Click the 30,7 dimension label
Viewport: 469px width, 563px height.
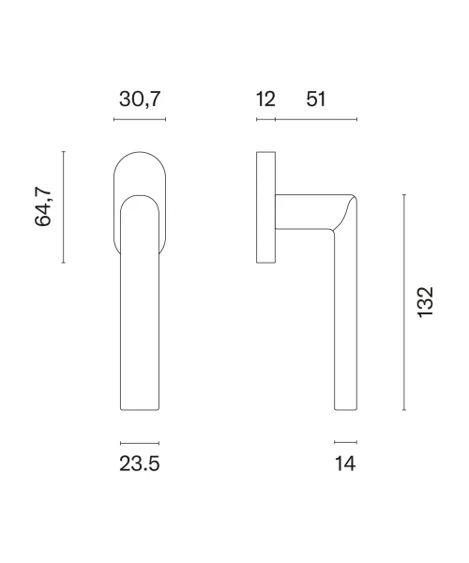[x=140, y=99]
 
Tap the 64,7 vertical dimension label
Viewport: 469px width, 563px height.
[x=43, y=206]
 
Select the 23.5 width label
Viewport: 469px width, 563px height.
[x=139, y=464]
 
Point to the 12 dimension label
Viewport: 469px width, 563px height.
[x=265, y=99]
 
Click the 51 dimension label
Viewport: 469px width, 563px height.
[x=316, y=99]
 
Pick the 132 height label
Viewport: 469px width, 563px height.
[x=426, y=302]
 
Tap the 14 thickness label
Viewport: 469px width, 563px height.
[x=345, y=464]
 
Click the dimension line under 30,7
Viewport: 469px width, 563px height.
[x=140, y=119]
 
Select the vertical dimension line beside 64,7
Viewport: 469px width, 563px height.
[x=64, y=207]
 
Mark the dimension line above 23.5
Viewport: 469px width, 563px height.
[x=140, y=444]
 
